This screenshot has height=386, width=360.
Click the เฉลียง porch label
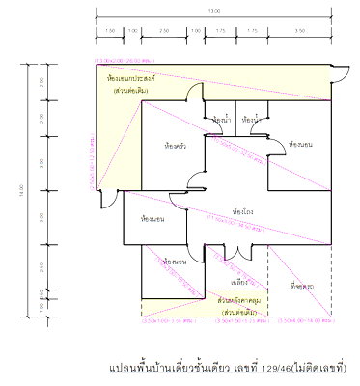tap(241, 282)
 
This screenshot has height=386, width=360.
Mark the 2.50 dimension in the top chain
tap(165, 31)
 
